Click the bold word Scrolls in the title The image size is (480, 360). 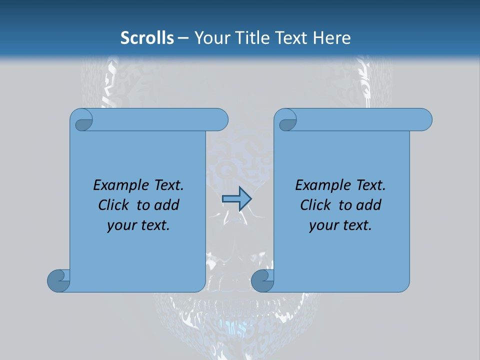[x=147, y=38]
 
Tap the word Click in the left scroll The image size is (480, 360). [x=113, y=205]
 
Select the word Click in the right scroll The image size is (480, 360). [x=315, y=205]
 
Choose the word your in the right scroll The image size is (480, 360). [x=323, y=225]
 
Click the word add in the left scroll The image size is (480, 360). [x=166, y=205]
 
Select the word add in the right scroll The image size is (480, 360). [x=368, y=205]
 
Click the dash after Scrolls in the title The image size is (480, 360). [x=183, y=38]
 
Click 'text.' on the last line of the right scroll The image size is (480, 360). [x=356, y=225]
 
